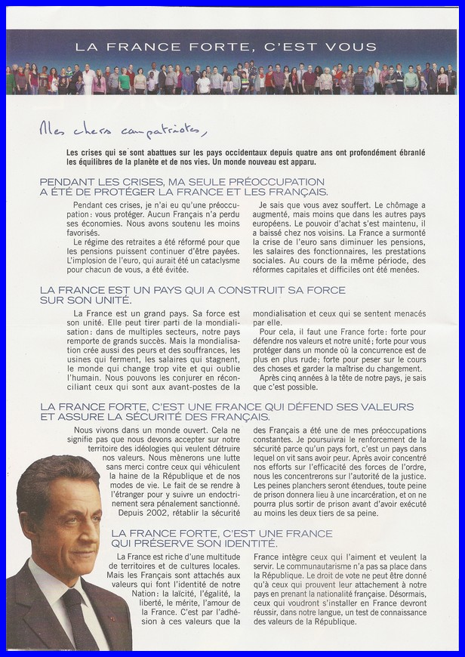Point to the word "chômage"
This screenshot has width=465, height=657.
point(393,205)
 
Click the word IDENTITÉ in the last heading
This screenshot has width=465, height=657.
point(248,543)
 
